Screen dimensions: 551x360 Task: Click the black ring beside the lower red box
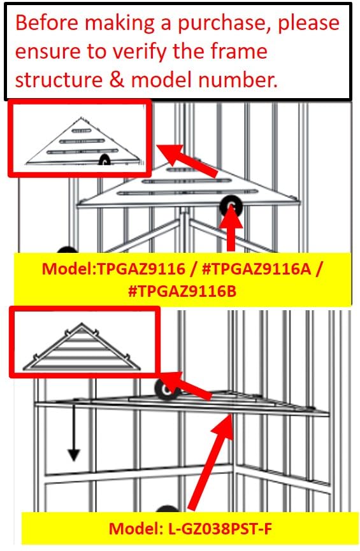tap(166, 389)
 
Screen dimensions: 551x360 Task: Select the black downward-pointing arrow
tap(74, 433)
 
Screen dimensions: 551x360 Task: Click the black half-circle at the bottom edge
tap(166, 510)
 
